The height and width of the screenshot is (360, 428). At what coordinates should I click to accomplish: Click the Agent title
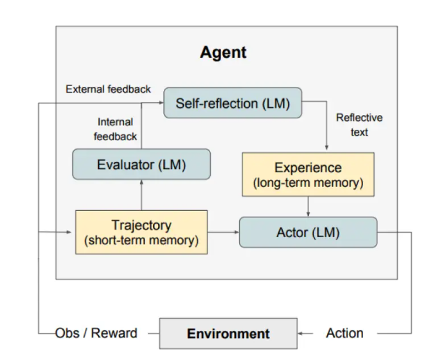pyautogui.click(x=223, y=53)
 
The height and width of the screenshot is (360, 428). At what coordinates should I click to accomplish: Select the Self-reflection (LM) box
pyautogui.click(x=233, y=103)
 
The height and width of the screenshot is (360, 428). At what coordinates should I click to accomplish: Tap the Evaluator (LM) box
pyautogui.click(x=141, y=164)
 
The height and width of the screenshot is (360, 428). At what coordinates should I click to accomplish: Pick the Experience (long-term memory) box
pyautogui.click(x=308, y=175)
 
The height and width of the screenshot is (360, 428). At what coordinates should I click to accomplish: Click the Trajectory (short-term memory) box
pyautogui.click(x=141, y=233)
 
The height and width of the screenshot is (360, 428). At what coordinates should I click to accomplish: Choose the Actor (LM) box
pyautogui.click(x=308, y=233)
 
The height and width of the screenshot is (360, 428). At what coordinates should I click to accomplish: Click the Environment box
pyautogui.click(x=228, y=334)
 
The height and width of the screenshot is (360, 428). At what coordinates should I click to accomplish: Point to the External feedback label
pyautogui.click(x=108, y=89)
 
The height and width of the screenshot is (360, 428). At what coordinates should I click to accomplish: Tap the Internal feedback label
pyautogui.click(x=115, y=129)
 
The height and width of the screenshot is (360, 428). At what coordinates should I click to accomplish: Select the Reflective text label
pyautogui.click(x=359, y=125)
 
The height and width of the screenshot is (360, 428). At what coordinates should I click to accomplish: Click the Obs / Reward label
pyautogui.click(x=96, y=333)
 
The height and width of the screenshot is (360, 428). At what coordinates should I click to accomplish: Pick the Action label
pyautogui.click(x=344, y=333)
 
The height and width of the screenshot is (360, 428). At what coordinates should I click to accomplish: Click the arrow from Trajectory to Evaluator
pyautogui.click(x=141, y=195)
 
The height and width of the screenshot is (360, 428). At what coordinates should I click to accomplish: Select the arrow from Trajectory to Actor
pyautogui.click(x=223, y=232)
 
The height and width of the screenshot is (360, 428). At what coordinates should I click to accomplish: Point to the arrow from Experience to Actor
pyautogui.click(x=308, y=207)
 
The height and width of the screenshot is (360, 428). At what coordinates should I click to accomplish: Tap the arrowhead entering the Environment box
pyautogui.click(x=300, y=334)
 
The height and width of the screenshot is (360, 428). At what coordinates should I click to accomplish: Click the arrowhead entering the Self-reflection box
pyautogui.click(x=161, y=103)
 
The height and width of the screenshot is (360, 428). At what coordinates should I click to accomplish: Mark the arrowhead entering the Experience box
pyautogui.click(x=326, y=148)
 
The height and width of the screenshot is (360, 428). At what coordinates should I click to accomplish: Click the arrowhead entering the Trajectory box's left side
pyautogui.click(x=69, y=232)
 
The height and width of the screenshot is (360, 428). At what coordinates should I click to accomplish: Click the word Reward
pyautogui.click(x=114, y=333)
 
